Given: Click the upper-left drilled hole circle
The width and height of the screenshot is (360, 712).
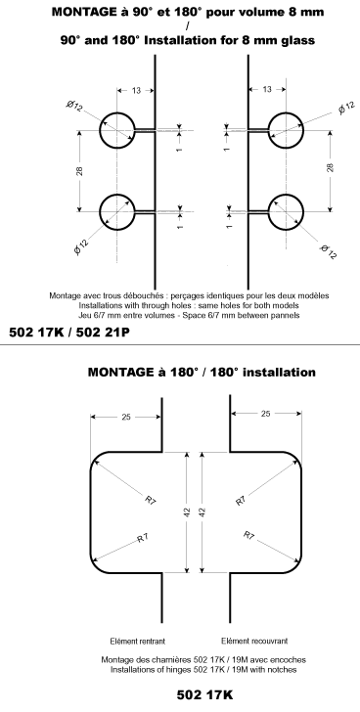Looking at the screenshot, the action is point(116,129).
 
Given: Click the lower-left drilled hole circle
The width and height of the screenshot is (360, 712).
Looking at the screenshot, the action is point(116,212).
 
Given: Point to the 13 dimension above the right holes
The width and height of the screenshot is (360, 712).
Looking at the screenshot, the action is point(266,90).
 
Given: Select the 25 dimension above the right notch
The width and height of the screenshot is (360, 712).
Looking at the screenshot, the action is point(264,417).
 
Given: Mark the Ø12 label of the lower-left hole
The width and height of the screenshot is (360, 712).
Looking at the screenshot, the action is point(82,243).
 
